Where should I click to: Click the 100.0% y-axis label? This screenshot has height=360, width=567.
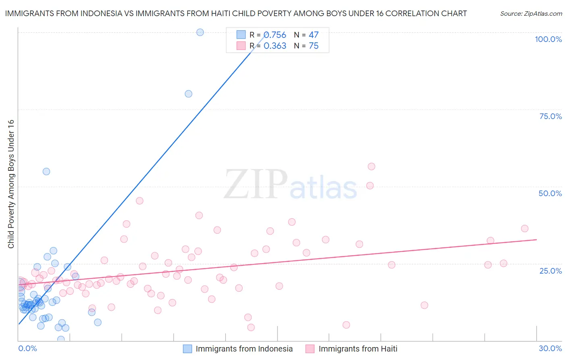pos(548,39)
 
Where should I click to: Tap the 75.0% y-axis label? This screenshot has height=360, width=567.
pos(550,116)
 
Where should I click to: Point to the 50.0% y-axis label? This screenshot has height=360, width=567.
pos(550,193)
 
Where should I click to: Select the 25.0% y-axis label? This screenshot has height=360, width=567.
pos(550,270)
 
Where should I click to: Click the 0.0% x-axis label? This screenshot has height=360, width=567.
pos(27,348)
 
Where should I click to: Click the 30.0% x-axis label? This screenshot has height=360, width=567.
pos(550,348)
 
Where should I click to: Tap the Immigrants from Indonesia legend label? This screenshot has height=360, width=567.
pos(244,349)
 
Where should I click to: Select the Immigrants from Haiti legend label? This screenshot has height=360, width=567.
pos(358,349)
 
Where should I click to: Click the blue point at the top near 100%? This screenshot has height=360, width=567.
pos(200,32)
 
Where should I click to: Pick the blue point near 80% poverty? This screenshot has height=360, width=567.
pos(188,94)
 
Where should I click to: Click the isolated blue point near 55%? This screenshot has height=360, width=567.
pos(46,172)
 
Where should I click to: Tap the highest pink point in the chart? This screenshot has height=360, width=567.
pos(371,167)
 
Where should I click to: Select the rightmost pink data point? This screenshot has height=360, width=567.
pos(525,228)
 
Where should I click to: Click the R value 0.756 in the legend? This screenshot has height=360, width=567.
pos(275,35)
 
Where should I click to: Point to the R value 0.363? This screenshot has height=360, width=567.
pos(275,46)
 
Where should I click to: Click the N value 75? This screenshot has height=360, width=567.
pos(313,46)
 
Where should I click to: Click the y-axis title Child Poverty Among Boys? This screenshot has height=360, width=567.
pos(11,184)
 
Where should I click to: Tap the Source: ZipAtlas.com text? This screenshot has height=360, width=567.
pos(531,13)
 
